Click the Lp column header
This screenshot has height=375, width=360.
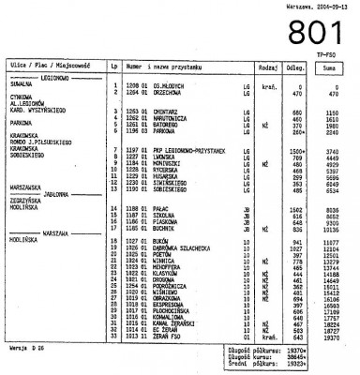click(113, 67)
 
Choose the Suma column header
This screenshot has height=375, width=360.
click(330, 67)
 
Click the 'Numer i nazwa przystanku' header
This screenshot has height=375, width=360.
click(159, 67)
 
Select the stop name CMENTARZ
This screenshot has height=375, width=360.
click(166, 111)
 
